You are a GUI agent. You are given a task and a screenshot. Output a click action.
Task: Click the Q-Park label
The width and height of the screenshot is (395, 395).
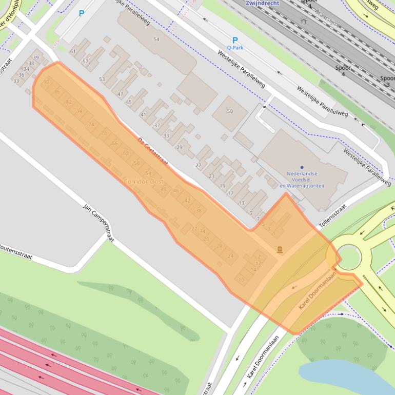point(235,48)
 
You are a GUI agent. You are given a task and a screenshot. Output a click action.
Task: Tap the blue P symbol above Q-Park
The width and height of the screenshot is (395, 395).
point(235,40)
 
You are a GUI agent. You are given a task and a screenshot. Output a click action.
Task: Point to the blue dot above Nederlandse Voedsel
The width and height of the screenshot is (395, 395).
point(302,167)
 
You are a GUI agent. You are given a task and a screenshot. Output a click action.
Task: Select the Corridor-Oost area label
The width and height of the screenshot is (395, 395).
point(143,182)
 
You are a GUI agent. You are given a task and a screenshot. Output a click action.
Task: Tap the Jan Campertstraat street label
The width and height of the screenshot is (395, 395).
point(98,223)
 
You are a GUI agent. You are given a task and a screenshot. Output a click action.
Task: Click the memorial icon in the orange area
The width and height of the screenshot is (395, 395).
point(280,250)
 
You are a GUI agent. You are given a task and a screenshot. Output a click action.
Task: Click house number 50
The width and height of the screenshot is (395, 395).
point(230,111)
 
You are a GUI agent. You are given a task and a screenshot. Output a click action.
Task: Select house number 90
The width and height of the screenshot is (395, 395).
point(47,82)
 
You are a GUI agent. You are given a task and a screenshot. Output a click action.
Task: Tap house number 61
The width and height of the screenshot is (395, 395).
point(73,51)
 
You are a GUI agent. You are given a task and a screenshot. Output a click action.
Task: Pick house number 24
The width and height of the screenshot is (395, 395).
point(230,255)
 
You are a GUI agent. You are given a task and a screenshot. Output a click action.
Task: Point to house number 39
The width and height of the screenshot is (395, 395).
point(35,57)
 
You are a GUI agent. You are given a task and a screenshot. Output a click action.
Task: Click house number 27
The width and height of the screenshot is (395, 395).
point(199,165)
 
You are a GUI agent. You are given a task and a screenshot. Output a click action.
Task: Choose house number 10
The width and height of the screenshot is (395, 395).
point(242,280)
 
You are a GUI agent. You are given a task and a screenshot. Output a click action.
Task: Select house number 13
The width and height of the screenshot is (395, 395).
point(242,203)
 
